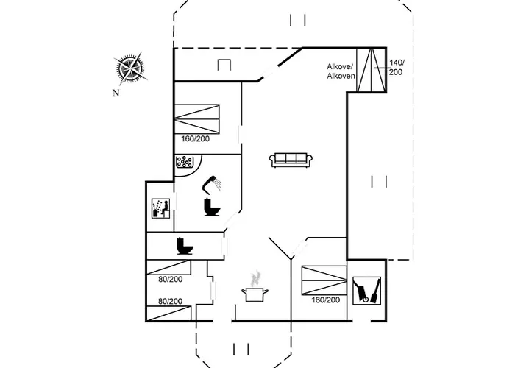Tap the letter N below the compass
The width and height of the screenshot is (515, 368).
[116, 93]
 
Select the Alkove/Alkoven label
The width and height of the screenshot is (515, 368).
[341, 71]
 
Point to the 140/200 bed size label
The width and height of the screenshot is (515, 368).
[397, 68]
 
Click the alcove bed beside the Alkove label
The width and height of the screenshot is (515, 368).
[372, 70]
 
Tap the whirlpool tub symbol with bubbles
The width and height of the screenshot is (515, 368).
[184, 163]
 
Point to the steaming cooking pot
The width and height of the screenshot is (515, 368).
[255, 294]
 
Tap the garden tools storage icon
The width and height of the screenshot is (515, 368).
[366, 290]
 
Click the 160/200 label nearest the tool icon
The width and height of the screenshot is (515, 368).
[325, 300]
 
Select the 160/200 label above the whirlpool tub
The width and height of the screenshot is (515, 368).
[196, 138]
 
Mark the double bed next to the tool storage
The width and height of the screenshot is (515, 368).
[323, 280]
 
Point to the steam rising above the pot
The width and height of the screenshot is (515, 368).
[255, 278]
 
